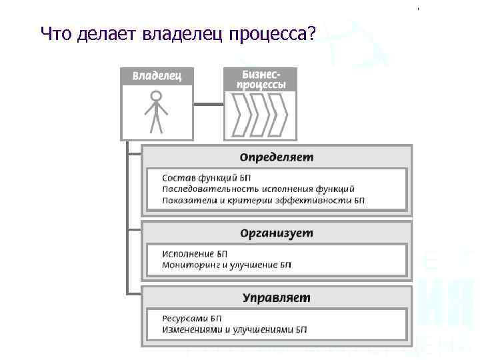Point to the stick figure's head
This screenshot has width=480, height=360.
(x=156, y=96)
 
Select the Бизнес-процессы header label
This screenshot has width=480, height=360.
(x=260, y=79)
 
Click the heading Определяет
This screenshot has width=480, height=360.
(x=276, y=157)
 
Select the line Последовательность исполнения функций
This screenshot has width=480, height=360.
(x=258, y=189)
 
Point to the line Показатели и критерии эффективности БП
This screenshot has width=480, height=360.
(x=263, y=200)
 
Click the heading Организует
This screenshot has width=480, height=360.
(x=276, y=233)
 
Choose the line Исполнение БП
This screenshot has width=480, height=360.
(x=195, y=254)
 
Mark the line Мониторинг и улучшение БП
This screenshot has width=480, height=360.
(x=227, y=265)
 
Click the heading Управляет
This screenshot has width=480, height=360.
(x=276, y=297)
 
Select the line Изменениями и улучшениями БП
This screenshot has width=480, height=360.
(x=234, y=329)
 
